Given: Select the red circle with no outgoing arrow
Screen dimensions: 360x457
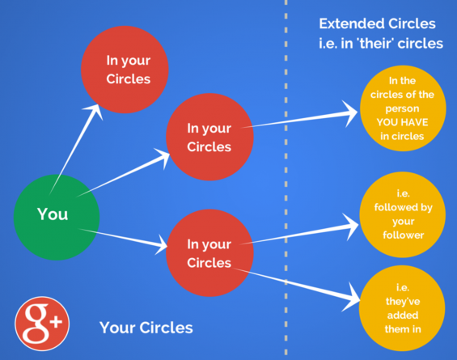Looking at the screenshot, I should (x=128, y=70).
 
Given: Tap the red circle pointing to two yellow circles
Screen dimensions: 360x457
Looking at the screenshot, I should (x=209, y=252).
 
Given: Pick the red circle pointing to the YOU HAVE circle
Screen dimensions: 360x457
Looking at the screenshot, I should (x=209, y=138).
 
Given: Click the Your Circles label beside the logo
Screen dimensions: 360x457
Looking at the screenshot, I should (x=146, y=328).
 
